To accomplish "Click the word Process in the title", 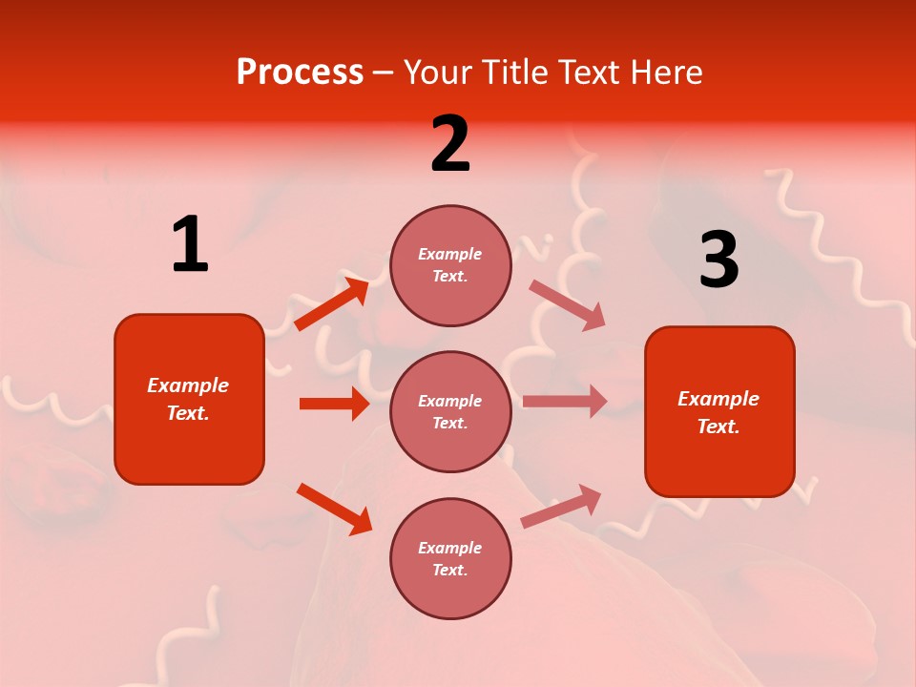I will click(300, 73).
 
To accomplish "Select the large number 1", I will click(190, 245).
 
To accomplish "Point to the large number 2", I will click(450, 144).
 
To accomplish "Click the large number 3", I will click(718, 260).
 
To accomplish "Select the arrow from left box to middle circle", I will click(334, 404).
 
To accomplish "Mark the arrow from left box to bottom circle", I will click(334, 509).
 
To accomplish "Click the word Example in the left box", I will click(188, 385).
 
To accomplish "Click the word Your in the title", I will click(437, 73).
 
